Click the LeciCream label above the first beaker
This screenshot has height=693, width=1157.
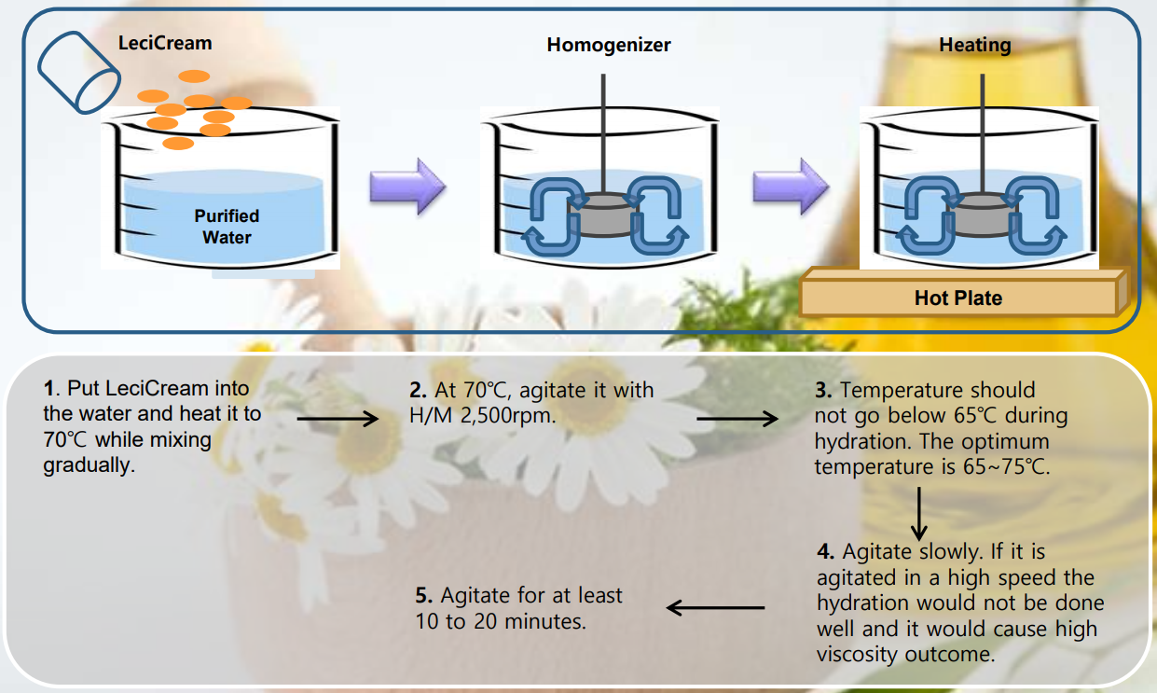pyautogui.click(x=165, y=43)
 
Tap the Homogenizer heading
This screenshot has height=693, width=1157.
pyautogui.click(x=609, y=45)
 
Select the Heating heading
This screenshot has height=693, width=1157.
pyautogui.click(x=975, y=45)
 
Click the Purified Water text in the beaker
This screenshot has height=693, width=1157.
pyautogui.click(x=227, y=227)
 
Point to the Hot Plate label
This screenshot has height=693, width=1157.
pyautogui.click(x=958, y=298)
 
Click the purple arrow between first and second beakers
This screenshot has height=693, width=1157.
pyautogui.click(x=408, y=187)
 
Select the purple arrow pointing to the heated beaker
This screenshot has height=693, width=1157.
pyautogui.click(x=791, y=187)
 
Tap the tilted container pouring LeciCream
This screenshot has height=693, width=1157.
pyautogui.click(x=79, y=73)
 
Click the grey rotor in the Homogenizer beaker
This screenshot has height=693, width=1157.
pyautogui.click(x=602, y=215)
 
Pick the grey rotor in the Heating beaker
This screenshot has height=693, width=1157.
pyautogui.click(x=982, y=215)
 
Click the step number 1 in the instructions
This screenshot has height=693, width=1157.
pyautogui.click(x=48, y=389)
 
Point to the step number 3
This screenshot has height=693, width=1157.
pyautogui.click(x=822, y=390)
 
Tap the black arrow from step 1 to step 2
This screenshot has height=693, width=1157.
pyautogui.click(x=337, y=419)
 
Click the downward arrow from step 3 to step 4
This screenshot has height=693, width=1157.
pyautogui.click(x=919, y=514)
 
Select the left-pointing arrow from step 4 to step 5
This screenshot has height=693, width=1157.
pyautogui.click(x=715, y=608)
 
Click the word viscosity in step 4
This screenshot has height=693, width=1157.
pyautogui.click(x=858, y=655)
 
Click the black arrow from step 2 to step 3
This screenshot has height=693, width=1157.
pyautogui.click(x=737, y=419)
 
